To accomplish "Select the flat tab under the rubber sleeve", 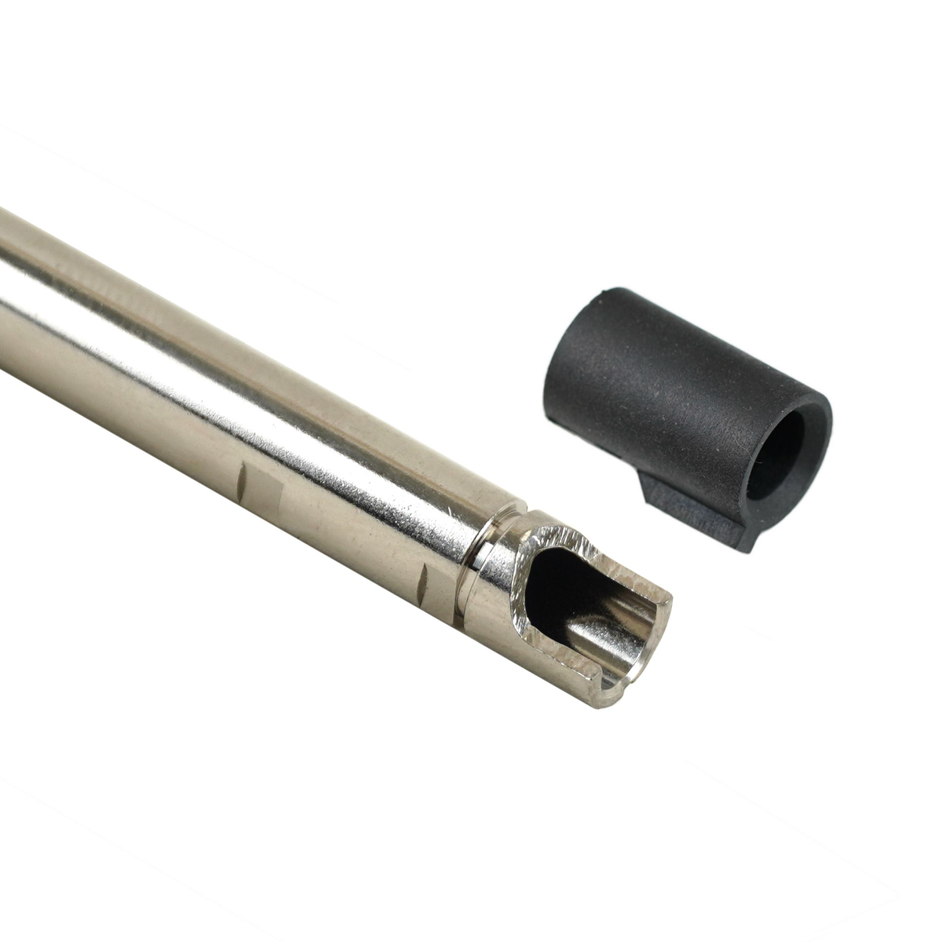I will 691,510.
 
